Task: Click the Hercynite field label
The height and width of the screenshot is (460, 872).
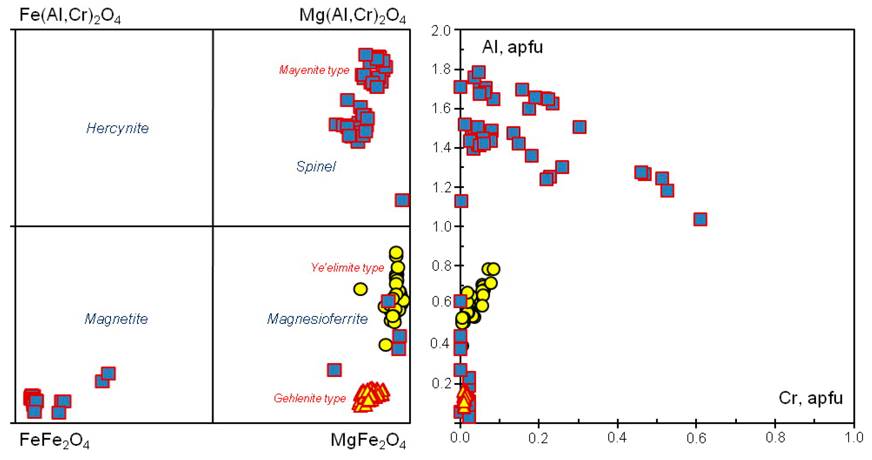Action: tap(117, 128)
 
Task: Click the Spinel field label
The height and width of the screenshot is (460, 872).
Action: tap(316, 167)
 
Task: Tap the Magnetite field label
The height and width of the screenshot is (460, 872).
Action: tap(116, 319)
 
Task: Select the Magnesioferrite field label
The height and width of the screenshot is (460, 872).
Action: tap(317, 319)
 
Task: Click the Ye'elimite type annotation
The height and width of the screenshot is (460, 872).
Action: tap(347, 268)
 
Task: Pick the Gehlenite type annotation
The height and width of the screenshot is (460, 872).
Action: tap(310, 398)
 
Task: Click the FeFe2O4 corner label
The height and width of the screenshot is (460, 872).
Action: tap(54, 440)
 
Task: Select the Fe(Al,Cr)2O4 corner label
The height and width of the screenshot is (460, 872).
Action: tap(70, 16)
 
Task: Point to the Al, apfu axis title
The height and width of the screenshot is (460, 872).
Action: tap(512, 47)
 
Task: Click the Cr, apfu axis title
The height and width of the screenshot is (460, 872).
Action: tap(810, 398)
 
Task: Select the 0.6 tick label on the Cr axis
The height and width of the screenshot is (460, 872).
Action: tap(696, 438)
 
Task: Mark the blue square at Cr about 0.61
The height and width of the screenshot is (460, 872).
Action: tap(700, 219)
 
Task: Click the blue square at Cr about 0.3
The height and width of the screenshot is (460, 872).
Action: tap(580, 127)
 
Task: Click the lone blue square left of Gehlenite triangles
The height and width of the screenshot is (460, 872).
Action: tap(334, 370)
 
